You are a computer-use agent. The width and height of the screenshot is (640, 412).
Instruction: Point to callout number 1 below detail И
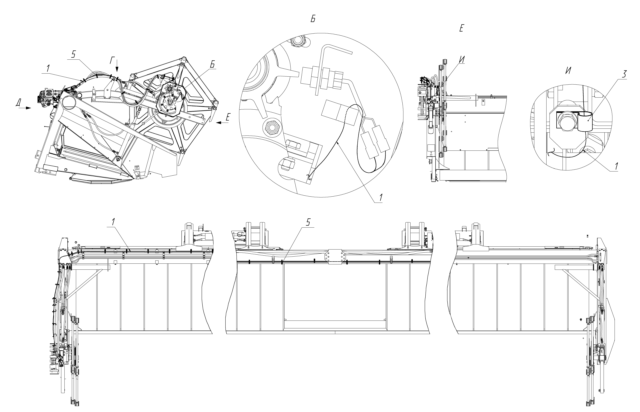[616, 166]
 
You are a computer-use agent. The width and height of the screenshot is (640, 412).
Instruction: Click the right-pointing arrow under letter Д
[25, 108]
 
